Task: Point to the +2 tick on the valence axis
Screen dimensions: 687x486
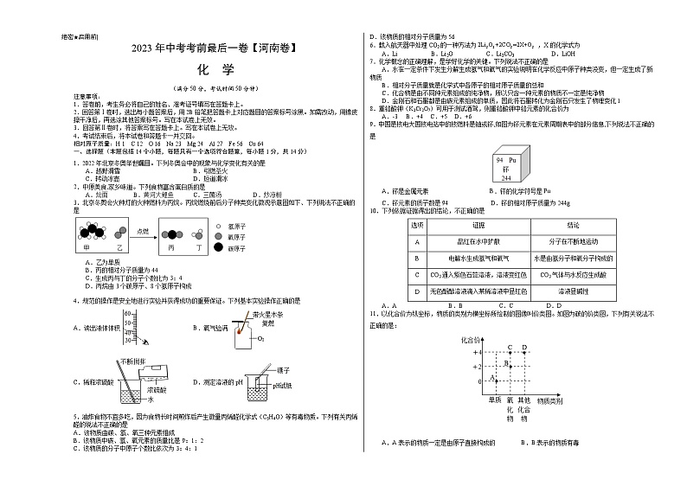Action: coord(477,367)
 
